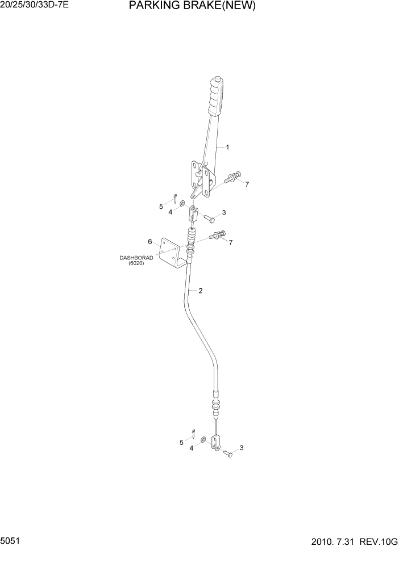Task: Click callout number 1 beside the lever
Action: click(x=227, y=148)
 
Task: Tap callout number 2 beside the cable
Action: click(x=200, y=291)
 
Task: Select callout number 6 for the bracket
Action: click(x=150, y=241)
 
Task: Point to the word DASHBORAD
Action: click(x=133, y=258)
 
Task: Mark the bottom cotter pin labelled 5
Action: click(x=193, y=434)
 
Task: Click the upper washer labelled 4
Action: click(x=181, y=203)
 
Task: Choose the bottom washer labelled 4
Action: click(x=203, y=440)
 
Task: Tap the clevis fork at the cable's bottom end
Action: click(x=215, y=442)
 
